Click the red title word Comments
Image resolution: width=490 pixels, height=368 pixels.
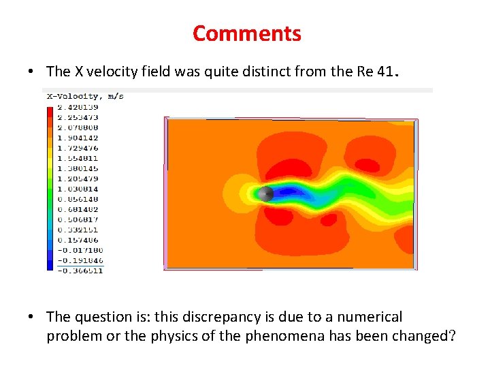pos(246,33)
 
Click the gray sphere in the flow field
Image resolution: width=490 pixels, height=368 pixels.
pos(266,194)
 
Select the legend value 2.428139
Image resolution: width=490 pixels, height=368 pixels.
pos(78,107)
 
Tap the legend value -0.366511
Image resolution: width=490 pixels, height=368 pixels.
pos(80,271)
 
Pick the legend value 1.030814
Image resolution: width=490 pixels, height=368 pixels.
pos(78,189)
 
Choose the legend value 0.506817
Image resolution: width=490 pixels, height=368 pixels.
pos(78,219)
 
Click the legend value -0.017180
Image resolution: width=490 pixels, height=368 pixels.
pos(80,250)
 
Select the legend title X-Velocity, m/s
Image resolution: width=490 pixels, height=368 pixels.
pos(85,97)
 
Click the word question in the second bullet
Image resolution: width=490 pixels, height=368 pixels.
pos(98,317)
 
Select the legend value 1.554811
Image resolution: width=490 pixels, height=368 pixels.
pos(78,158)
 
